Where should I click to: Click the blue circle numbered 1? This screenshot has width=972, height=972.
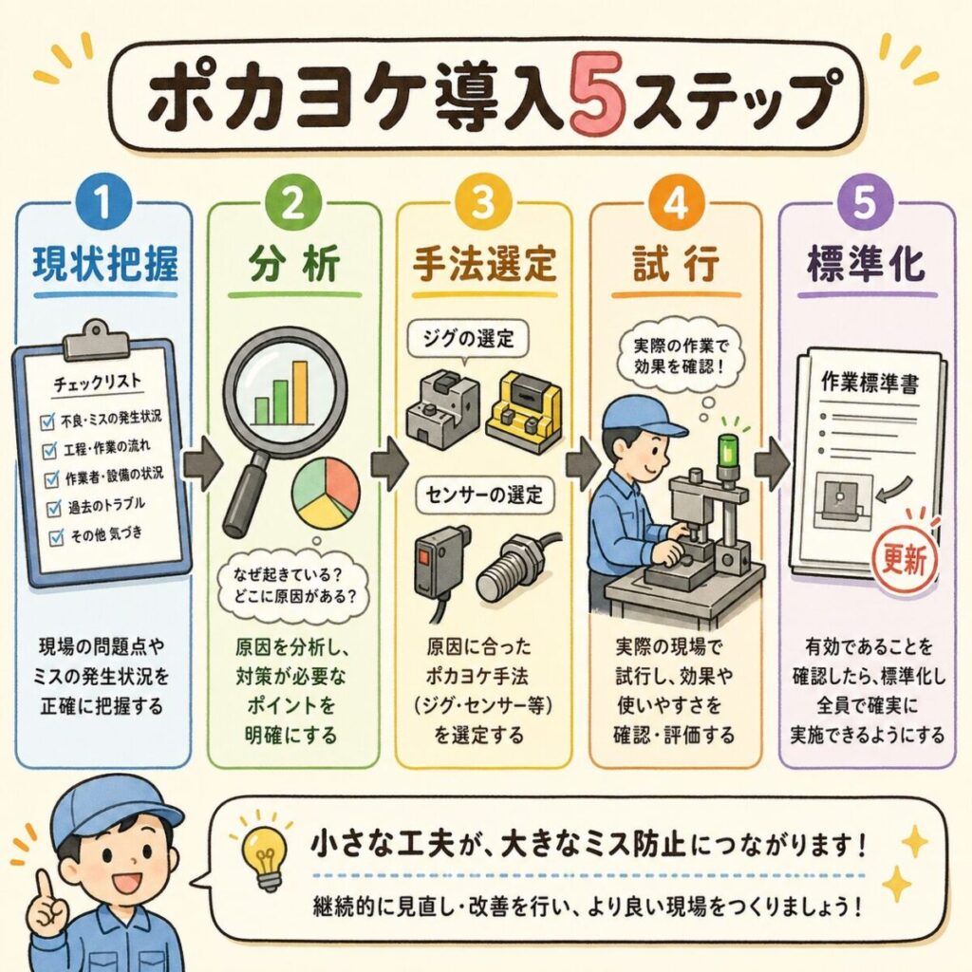(103, 203)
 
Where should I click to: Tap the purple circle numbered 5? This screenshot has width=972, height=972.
(865, 202)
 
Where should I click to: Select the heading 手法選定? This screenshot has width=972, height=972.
(484, 264)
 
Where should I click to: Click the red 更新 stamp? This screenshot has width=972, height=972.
(906, 560)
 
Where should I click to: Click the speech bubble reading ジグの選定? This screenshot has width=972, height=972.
(469, 340)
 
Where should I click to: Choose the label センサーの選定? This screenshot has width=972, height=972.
(484, 495)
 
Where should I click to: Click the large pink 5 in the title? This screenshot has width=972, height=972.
(596, 96)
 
